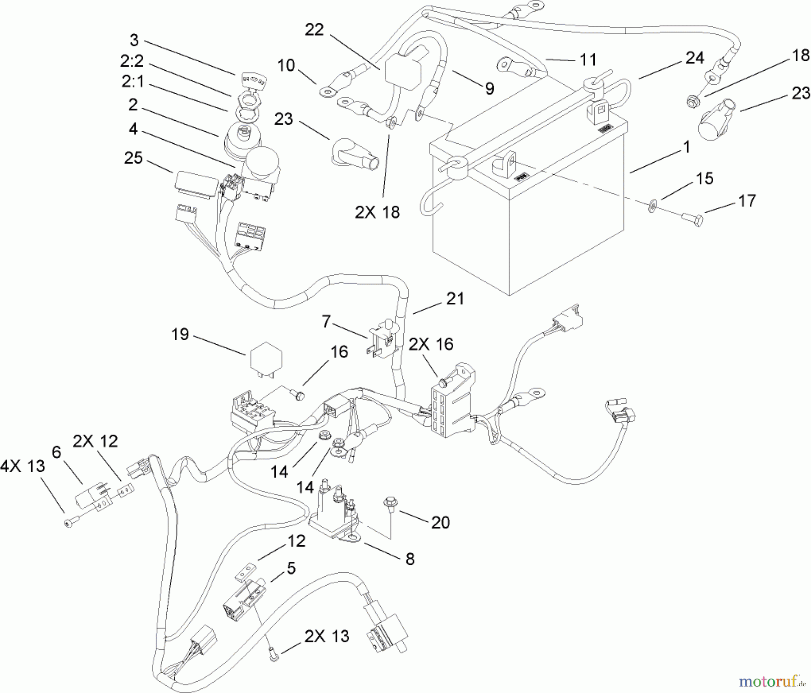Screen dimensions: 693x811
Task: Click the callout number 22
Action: coord(314,30)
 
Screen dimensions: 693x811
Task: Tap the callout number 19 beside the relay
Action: coord(180,335)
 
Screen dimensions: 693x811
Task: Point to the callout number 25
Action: coord(133,158)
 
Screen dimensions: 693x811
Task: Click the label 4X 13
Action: coord(23,466)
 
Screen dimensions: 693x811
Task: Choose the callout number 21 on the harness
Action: coord(455,299)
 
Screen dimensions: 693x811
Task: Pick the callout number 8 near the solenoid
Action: coord(410,559)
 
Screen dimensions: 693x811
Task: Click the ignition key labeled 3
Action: coord(248,81)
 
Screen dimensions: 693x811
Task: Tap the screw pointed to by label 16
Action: coord(299,395)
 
